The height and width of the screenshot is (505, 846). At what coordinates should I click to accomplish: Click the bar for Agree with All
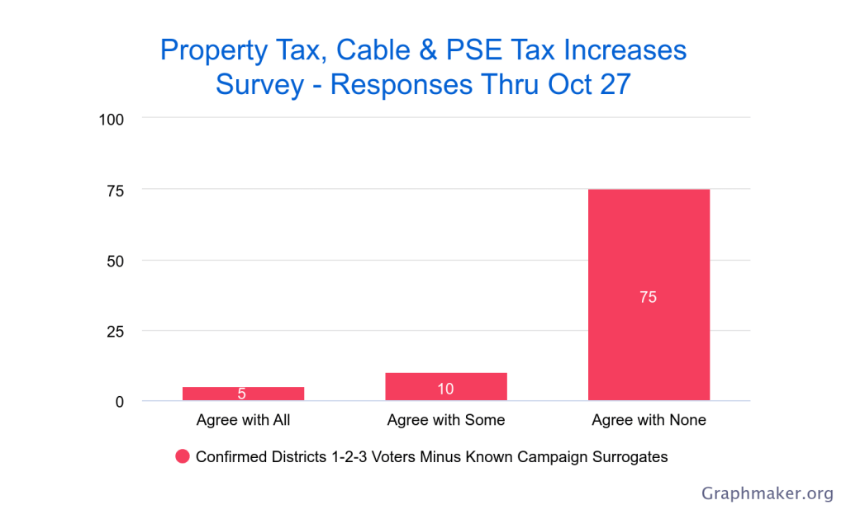[x=243, y=394]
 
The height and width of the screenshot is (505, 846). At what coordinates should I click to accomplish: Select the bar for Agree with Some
[x=445, y=387]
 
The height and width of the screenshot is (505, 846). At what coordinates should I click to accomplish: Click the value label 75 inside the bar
[x=648, y=297]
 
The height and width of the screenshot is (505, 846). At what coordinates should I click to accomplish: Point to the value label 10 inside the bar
[x=445, y=389]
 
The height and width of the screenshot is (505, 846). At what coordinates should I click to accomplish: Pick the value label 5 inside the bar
[x=242, y=394]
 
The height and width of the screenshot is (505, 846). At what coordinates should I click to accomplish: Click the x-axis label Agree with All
[x=243, y=420]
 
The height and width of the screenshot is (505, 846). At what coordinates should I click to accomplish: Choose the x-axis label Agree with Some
[x=445, y=420]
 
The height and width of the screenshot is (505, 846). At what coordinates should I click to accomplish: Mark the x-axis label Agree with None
[x=649, y=420]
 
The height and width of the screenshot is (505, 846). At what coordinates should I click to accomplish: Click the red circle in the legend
[x=183, y=456]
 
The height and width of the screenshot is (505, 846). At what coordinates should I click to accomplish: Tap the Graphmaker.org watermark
[x=768, y=493]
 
